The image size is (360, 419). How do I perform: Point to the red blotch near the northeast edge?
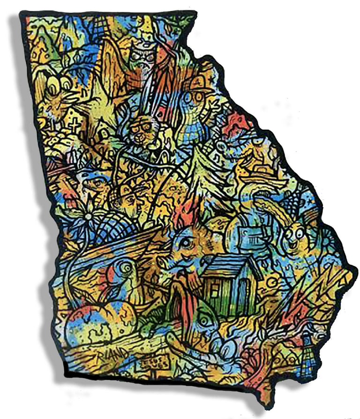pyautogui.click(x=239, y=121)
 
